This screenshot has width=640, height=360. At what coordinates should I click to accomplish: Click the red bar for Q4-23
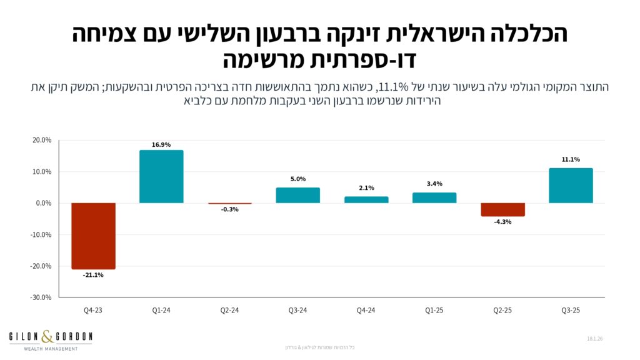coord(93,236)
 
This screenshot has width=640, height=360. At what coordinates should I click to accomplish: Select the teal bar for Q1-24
coord(161,176)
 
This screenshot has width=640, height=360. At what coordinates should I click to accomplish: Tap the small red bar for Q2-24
coord(229,204)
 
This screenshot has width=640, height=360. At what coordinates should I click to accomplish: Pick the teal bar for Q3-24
coord(297,195)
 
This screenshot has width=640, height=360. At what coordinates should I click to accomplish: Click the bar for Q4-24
coord(366,199)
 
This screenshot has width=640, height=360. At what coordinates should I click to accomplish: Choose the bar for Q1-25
coord(434,197)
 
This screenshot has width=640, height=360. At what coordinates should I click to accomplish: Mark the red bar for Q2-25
coord(502,209)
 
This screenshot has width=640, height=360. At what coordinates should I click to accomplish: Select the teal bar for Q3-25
coord(571,186)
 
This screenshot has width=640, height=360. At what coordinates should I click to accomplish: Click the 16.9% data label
coord(161,145)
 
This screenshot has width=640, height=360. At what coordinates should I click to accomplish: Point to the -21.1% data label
coord(93,274)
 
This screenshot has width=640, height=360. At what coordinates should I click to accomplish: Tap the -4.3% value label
coord(502,222)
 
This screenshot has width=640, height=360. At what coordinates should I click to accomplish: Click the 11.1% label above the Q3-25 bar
coord(571,160)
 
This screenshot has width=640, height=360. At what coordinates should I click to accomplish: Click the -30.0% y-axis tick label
coord(41,297)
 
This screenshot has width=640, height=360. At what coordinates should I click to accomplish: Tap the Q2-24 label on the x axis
coord(229,309)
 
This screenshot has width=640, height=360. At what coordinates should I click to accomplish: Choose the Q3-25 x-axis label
coord(571,309)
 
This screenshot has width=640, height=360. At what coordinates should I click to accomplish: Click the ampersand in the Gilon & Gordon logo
coord(47,337)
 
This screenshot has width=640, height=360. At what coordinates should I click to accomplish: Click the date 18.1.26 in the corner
coord(594,338)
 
